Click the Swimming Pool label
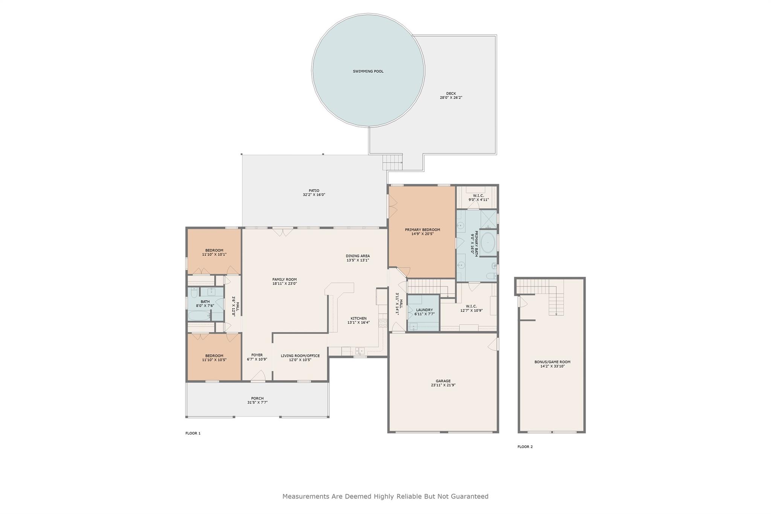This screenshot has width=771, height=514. pyautogui.click(x=368, y=71)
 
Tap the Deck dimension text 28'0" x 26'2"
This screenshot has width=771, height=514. pyautogui.click(x=451, y=98)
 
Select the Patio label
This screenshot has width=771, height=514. pyautogui.click(x=314, y=191)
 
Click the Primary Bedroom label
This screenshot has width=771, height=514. pyautogui.click(x=422, y=230)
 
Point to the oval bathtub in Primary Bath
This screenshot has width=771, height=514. pyautogui.click(x=488, y=243)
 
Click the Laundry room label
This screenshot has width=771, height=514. pyautogui.click(x=424, y=310)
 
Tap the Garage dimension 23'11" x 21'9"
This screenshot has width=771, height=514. pyautogui.click(x=443, y=385)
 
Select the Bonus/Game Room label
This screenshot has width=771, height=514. pyautogui.click(x=552, y=362)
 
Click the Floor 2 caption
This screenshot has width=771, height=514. pyautogui.click(x=525, y=447)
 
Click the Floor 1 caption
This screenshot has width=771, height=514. pyautogui.click(x=193, y=433)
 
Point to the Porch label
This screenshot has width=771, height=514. pyautogui.click(x=258, y=398)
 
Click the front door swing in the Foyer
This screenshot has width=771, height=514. pyautogui.click(x=258, y=375)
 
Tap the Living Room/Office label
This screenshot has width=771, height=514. pyautogui.click(x=300, y=356)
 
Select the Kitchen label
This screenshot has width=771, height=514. pyautogui.click(x=358, y=318)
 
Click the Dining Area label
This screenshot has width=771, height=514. pyautogui.click(x=358, y=256)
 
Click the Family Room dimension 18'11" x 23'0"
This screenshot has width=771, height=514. pyautogui.click(x=285, y=284)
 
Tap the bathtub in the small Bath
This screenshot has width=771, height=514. pyautogui.click(x=199, y=316)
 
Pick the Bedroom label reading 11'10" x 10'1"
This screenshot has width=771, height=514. pyautogui.click(x=214, y=254)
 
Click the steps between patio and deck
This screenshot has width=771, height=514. pyautogui.click(x=392, y=163)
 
